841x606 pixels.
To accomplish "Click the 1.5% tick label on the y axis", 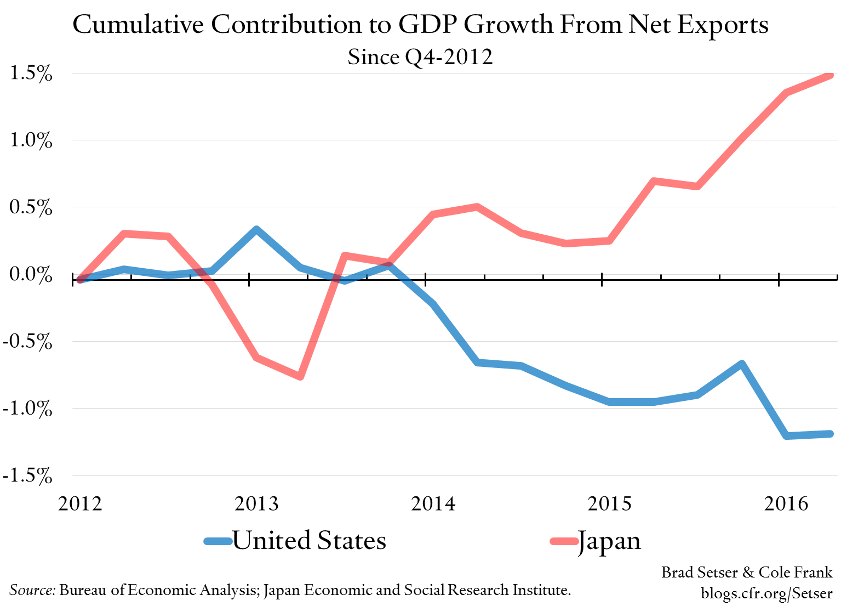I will [x=31, y=73].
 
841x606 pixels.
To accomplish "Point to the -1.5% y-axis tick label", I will [x=27, y=475].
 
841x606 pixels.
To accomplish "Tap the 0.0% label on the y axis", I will [x=31, y=274].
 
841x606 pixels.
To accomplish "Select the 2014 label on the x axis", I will [x=433, y=503].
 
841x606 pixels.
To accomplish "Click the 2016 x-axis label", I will [x=786, y=503].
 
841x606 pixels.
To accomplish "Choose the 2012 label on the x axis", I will [x=80, y=503].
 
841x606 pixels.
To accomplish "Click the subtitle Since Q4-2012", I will [x=420, y=57].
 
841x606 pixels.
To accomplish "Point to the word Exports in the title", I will [x=723, y=25].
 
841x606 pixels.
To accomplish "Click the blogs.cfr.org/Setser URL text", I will [x=766, y=593].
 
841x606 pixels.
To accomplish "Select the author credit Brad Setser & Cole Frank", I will [x=747, y=573].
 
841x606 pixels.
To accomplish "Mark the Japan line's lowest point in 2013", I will [x=300, y=376].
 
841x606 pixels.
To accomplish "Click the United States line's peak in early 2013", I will [x=256, y=229].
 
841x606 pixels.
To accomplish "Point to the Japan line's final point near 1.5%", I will [x=830, y=75].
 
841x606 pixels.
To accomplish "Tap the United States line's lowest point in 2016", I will [x=787, y=436].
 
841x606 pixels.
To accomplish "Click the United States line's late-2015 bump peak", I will [x=742, y=364].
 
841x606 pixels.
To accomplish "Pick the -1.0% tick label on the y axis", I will [x=27, y=409].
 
